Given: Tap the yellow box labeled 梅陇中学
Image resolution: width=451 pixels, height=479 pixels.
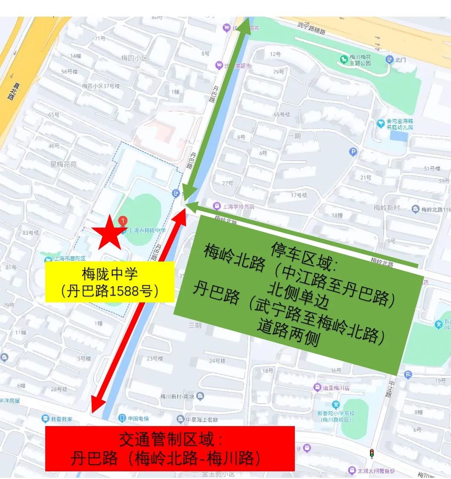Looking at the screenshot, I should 110,282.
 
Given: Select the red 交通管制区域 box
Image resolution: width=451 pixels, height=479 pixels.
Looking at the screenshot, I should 169,448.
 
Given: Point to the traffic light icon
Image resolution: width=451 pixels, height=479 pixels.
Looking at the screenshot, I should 372,453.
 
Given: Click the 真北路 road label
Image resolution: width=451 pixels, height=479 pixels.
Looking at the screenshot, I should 10,91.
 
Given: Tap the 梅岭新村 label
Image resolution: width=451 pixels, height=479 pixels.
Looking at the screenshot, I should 387,208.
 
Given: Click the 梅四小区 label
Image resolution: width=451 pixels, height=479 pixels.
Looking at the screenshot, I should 134,58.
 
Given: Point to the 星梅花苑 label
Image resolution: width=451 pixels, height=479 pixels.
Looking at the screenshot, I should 63,164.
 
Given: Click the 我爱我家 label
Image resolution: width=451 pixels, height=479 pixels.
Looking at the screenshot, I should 61,419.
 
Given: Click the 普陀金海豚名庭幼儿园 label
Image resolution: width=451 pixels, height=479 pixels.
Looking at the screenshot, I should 399,124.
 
